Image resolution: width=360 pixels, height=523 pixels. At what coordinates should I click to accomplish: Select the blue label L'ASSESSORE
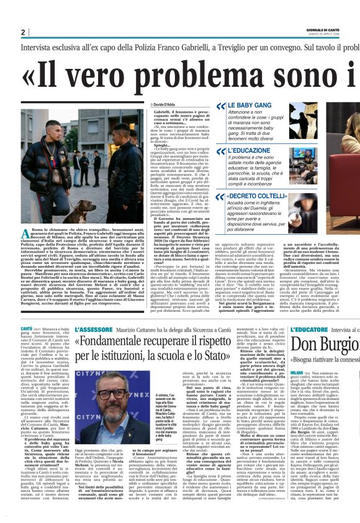click(x=93, y=329)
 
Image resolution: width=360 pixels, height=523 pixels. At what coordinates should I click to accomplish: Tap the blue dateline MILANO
click(x=300, y=373)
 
